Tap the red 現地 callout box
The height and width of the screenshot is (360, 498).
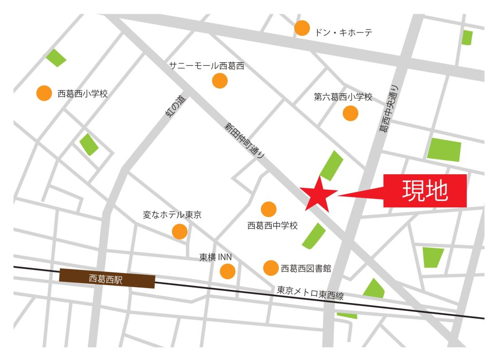tap(425, 191)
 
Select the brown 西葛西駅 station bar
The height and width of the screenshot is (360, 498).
tap(107, 279)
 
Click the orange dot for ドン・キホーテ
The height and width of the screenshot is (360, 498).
tap(302, 28)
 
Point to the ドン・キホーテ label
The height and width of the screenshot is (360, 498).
tap(343, 33)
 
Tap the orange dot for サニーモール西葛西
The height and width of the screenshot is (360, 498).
tap(220, 81)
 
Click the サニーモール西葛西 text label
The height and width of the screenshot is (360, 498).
tap(206, 66)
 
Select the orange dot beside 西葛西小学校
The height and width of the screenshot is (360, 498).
tap(44, 93)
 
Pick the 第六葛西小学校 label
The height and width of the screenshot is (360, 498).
tap(343, 97)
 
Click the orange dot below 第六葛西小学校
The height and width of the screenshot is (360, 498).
tap(350, 113)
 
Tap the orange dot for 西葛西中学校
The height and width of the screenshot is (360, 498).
tap(268, 209)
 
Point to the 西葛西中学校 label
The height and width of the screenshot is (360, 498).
tap(272, 225)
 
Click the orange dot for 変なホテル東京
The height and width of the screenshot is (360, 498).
tap(179, 232)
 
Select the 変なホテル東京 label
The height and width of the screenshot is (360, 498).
tap(172, 215)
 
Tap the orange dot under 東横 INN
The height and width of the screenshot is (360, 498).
tap(228, 271)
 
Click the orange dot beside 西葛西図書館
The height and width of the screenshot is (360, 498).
tap(271, 268)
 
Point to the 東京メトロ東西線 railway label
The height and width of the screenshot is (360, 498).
tap(310, 292)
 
